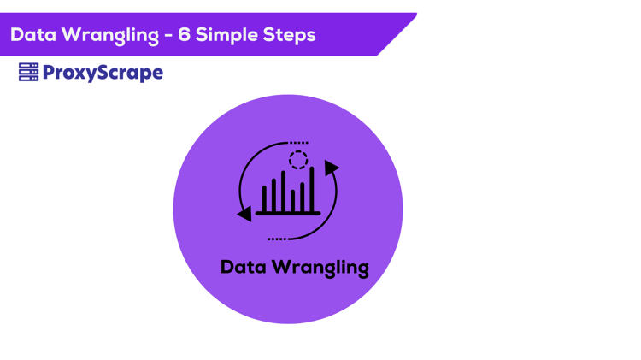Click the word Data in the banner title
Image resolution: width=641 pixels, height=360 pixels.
[x=32, y=35]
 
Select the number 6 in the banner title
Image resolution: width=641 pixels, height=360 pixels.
[x=185, y=35]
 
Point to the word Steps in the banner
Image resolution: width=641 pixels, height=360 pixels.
[x=290, y=36]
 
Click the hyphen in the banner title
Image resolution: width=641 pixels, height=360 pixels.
[x=168, y=36]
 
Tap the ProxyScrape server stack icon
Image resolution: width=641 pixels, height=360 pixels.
[x=28, y=73]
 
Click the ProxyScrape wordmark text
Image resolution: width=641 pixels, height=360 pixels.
[x=103, y=74]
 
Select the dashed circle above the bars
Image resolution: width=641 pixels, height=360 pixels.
[x=297, y=160]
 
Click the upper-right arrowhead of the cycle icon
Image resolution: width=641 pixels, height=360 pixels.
[x=331, y=168]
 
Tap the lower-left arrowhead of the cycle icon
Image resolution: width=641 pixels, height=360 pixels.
[x=245, y=213]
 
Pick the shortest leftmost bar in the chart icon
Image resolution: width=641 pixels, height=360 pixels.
[x=265, y=198]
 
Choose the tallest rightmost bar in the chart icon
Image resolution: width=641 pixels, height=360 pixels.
[x=312, y=189]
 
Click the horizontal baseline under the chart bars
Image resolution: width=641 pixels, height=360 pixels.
[x=288, y=213]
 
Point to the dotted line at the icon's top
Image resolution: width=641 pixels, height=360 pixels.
[x=299, y=143]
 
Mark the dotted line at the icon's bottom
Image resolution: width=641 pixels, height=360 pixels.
[x=277, y=239]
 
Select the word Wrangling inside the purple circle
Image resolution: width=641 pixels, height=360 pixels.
[x=320, y=268]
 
